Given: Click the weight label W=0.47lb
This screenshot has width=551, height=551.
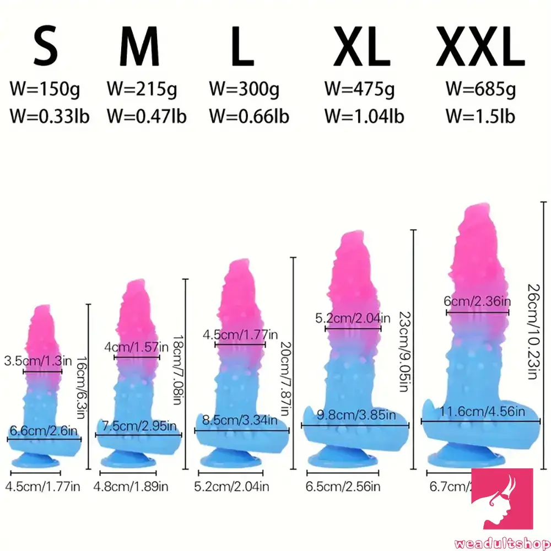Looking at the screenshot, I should coord(146,116).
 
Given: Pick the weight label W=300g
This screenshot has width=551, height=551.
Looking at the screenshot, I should coord(244,88).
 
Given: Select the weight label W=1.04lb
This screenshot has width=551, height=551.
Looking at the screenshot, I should coord(364,116).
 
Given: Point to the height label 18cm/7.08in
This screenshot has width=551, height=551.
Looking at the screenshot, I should coord(178,363).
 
